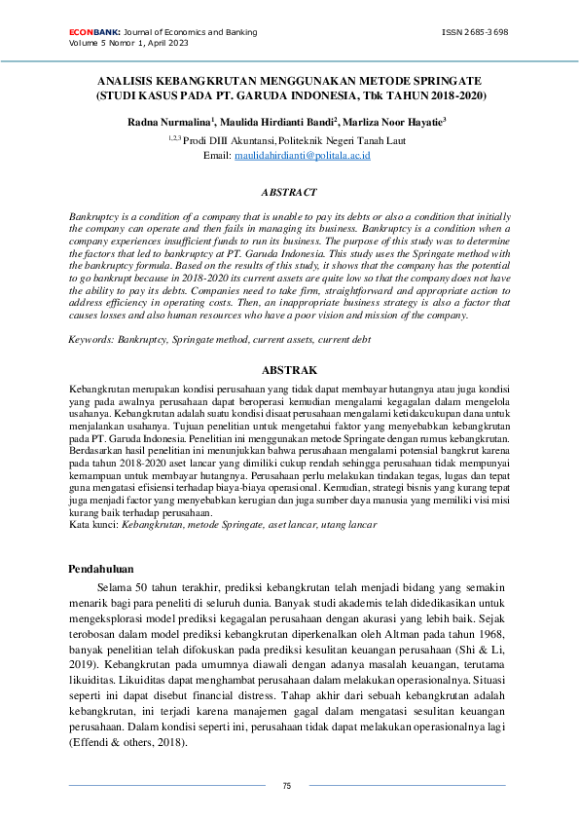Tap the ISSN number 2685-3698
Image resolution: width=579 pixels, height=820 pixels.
click(x=475, y=32)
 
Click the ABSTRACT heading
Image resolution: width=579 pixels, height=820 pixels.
click(x=289, y=193)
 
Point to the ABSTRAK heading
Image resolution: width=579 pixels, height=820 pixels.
click(x=289, y=370)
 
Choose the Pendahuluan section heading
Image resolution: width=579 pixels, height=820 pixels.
click(x=101, y=569)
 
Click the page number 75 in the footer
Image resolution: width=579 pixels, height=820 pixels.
click(x=287, y=786)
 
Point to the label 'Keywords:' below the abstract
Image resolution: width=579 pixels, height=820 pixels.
click(x=90, y=341)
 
